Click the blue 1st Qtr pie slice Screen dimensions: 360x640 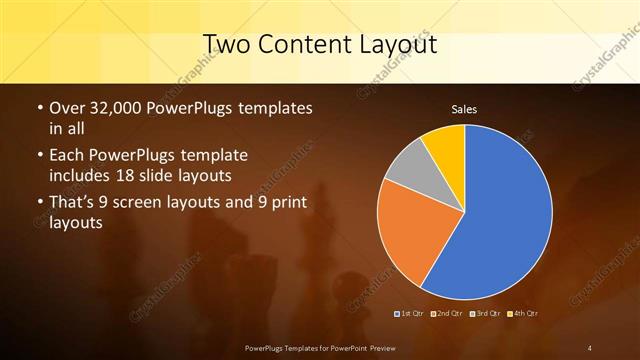[500, 220]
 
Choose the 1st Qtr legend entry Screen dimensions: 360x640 [412, 315]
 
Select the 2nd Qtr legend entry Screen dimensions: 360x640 [448, 315]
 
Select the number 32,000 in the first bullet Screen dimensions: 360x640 [115, 108]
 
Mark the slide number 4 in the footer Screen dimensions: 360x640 [590, 348]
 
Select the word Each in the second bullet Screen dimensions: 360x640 [67, 156]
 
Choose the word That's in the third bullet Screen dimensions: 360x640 [72, 204]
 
